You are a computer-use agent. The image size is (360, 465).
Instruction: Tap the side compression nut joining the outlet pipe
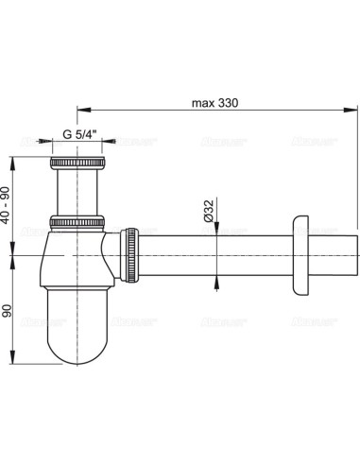point(130,254)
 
